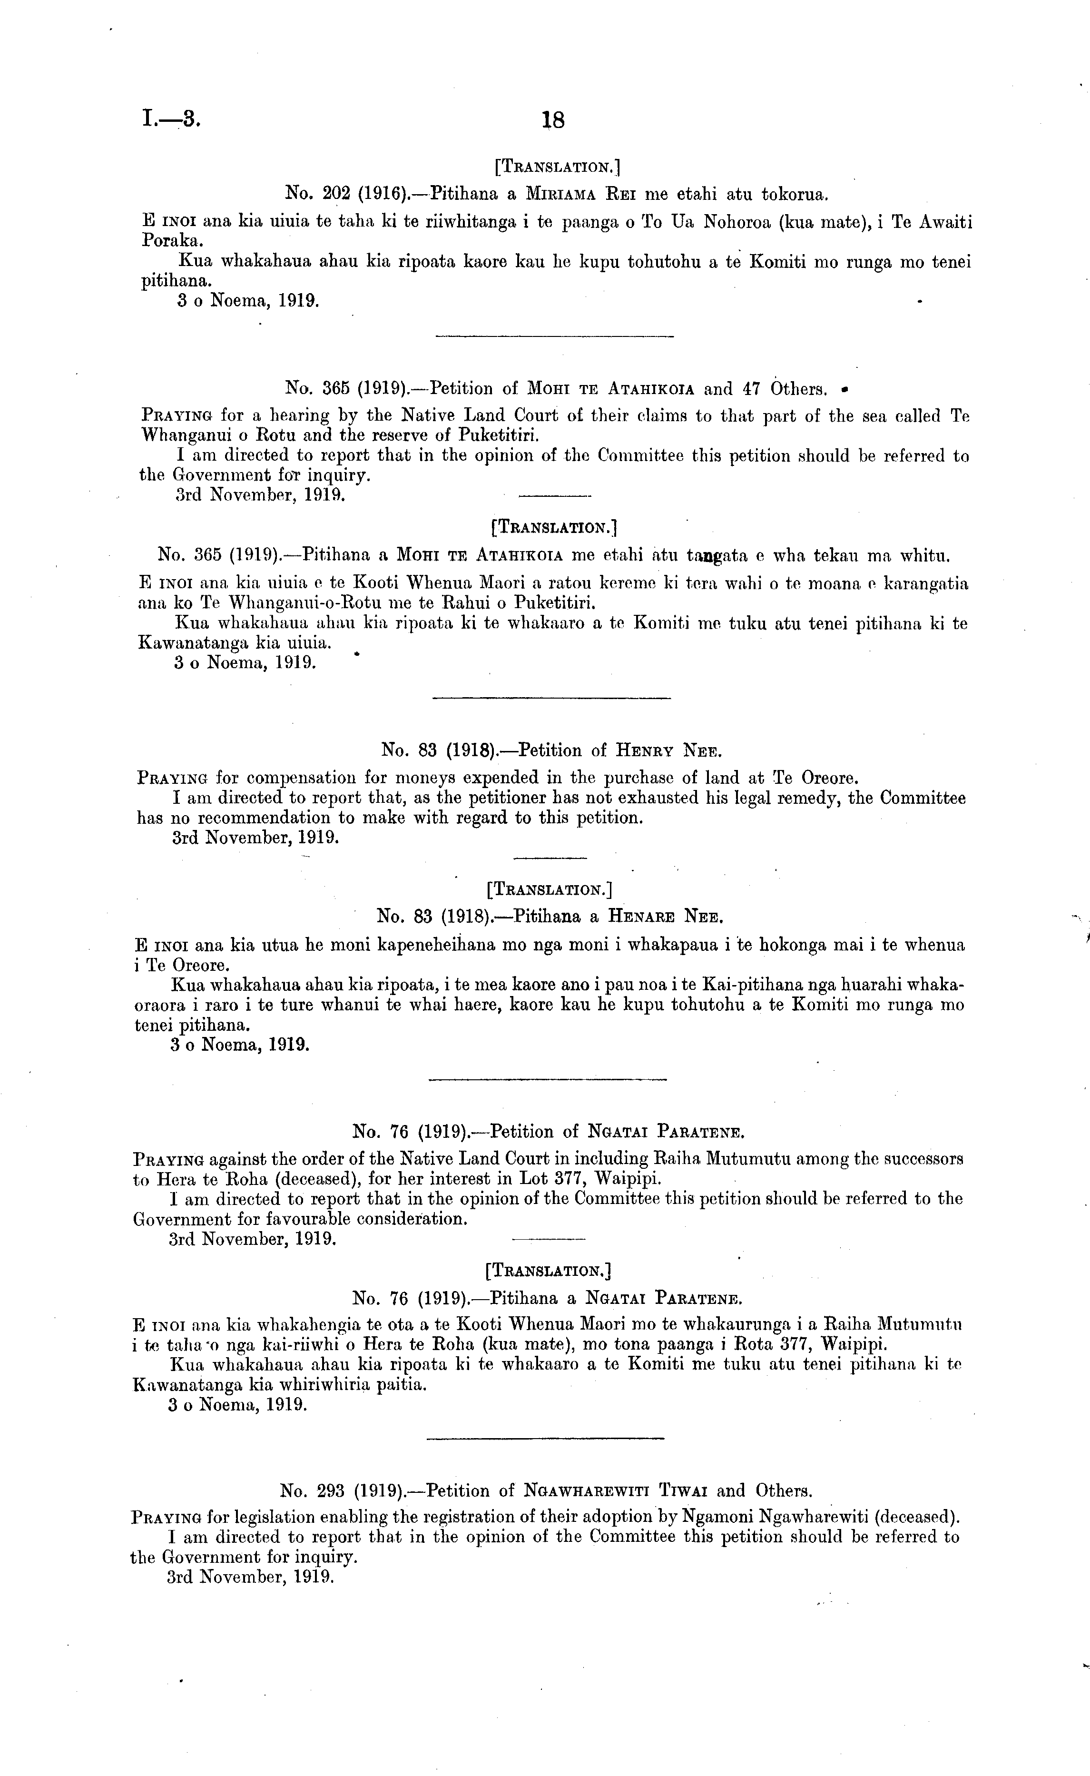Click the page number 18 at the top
click(553, 120)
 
